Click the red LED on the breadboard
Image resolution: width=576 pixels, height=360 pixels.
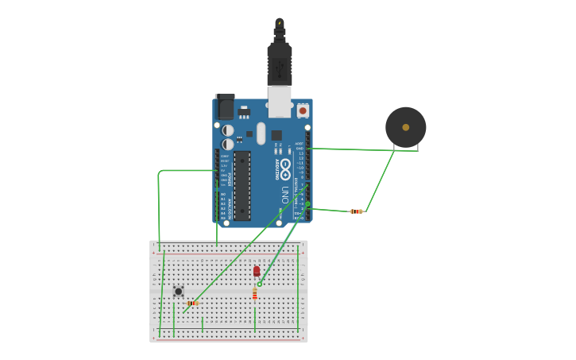pyautogui.click(x=257, y=271)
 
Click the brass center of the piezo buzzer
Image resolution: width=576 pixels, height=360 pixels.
pyautogui.click(x=406, y=127)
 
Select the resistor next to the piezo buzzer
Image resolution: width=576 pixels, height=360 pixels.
pyautogui.click(x=357, y=211)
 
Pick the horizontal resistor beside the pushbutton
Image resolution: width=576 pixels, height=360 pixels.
pyautogui.click(x=191, y=303)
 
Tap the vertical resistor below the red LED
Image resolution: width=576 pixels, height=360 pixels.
pyautogui.click(x=254, y=294)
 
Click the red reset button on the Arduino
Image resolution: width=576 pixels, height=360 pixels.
pyautogui.click(x=303, y=110)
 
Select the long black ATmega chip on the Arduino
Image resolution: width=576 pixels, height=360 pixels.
pyautogui.click(x=242, y=185)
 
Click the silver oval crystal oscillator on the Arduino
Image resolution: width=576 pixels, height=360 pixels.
pyautogui.click(x=261, y=134)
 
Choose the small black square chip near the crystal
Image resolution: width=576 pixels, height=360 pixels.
pyautogui.click(x=276, y=135)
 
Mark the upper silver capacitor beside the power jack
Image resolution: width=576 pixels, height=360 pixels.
pyautogui.click(x=228, y=130)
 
